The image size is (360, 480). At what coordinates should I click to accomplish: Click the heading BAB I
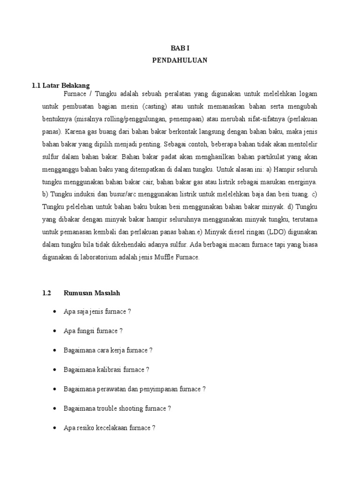(180, 48)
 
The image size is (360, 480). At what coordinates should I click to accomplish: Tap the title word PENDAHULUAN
(180, 60)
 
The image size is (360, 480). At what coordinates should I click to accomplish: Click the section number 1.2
(46, 293)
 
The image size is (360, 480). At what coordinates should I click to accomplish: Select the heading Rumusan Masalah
(92, 293)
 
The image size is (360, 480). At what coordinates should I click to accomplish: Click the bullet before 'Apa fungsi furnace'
(56, 331)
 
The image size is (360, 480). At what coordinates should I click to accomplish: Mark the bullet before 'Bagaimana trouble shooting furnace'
(56, 409)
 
